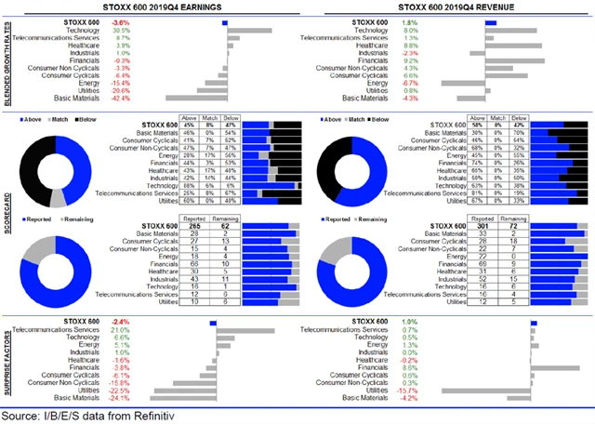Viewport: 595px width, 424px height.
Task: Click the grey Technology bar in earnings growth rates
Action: (x=248, y=29)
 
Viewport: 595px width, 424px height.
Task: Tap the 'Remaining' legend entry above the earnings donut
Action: (x=84, y=218)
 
